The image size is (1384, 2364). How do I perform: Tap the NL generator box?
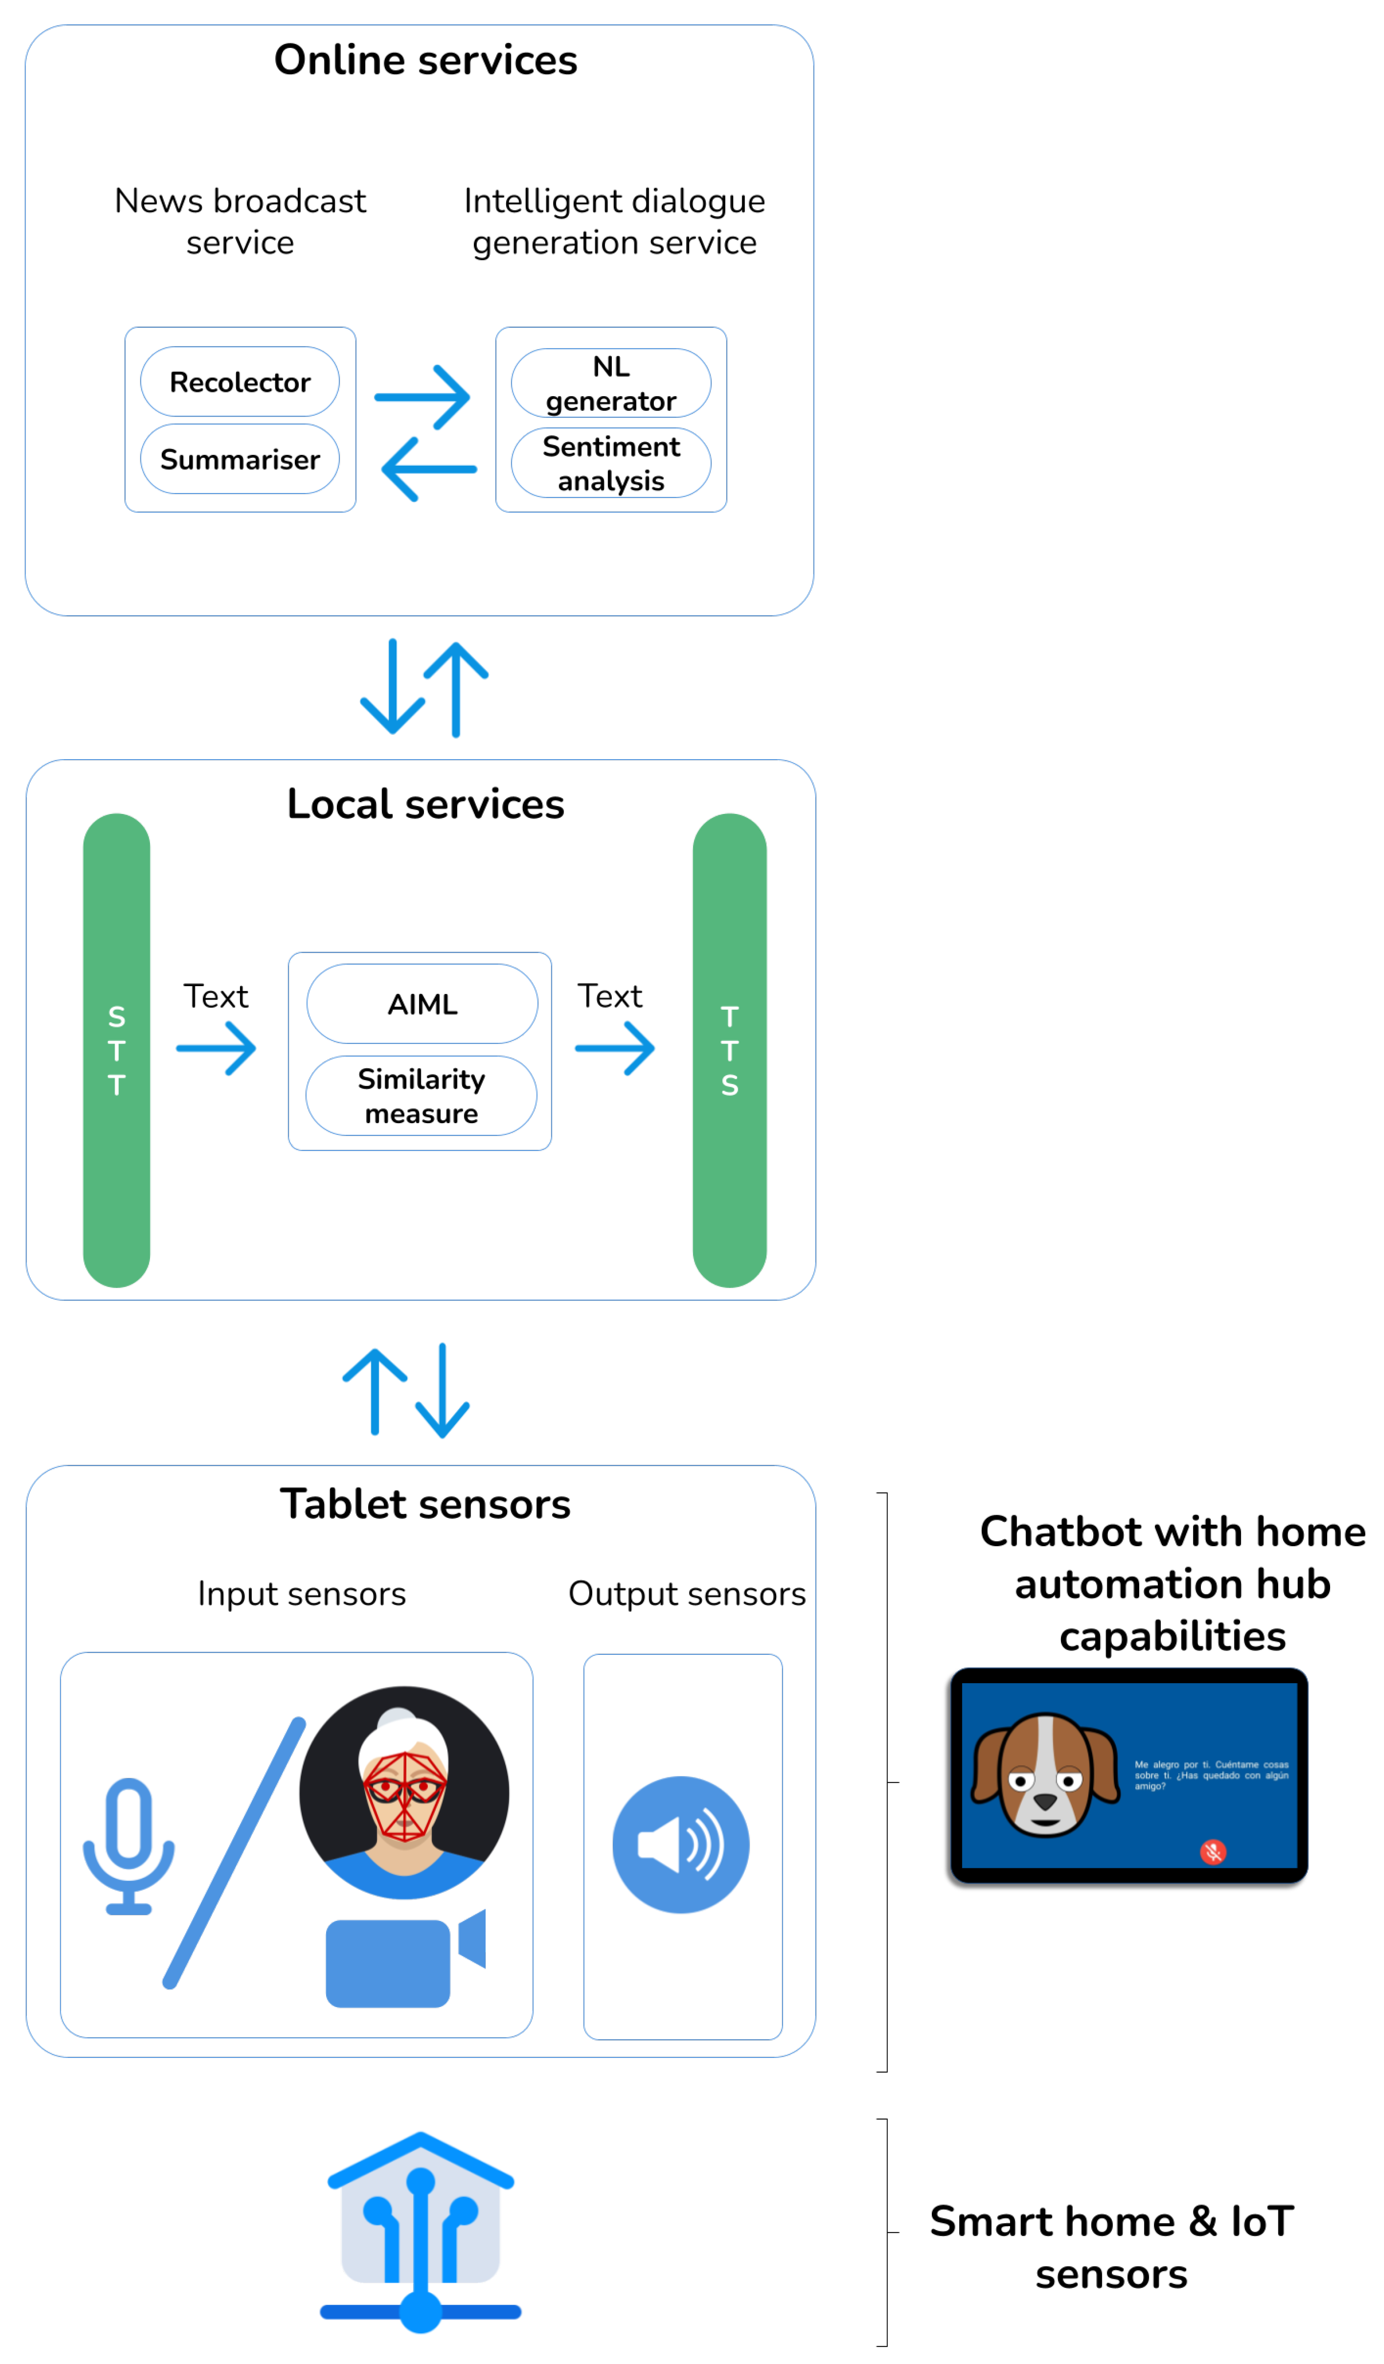tap(611, 383)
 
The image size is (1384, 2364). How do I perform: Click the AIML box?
tap(422, 1004)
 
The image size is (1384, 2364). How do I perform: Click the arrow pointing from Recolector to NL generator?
tap(422, 397)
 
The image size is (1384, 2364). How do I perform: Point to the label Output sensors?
tap(687, 1594)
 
